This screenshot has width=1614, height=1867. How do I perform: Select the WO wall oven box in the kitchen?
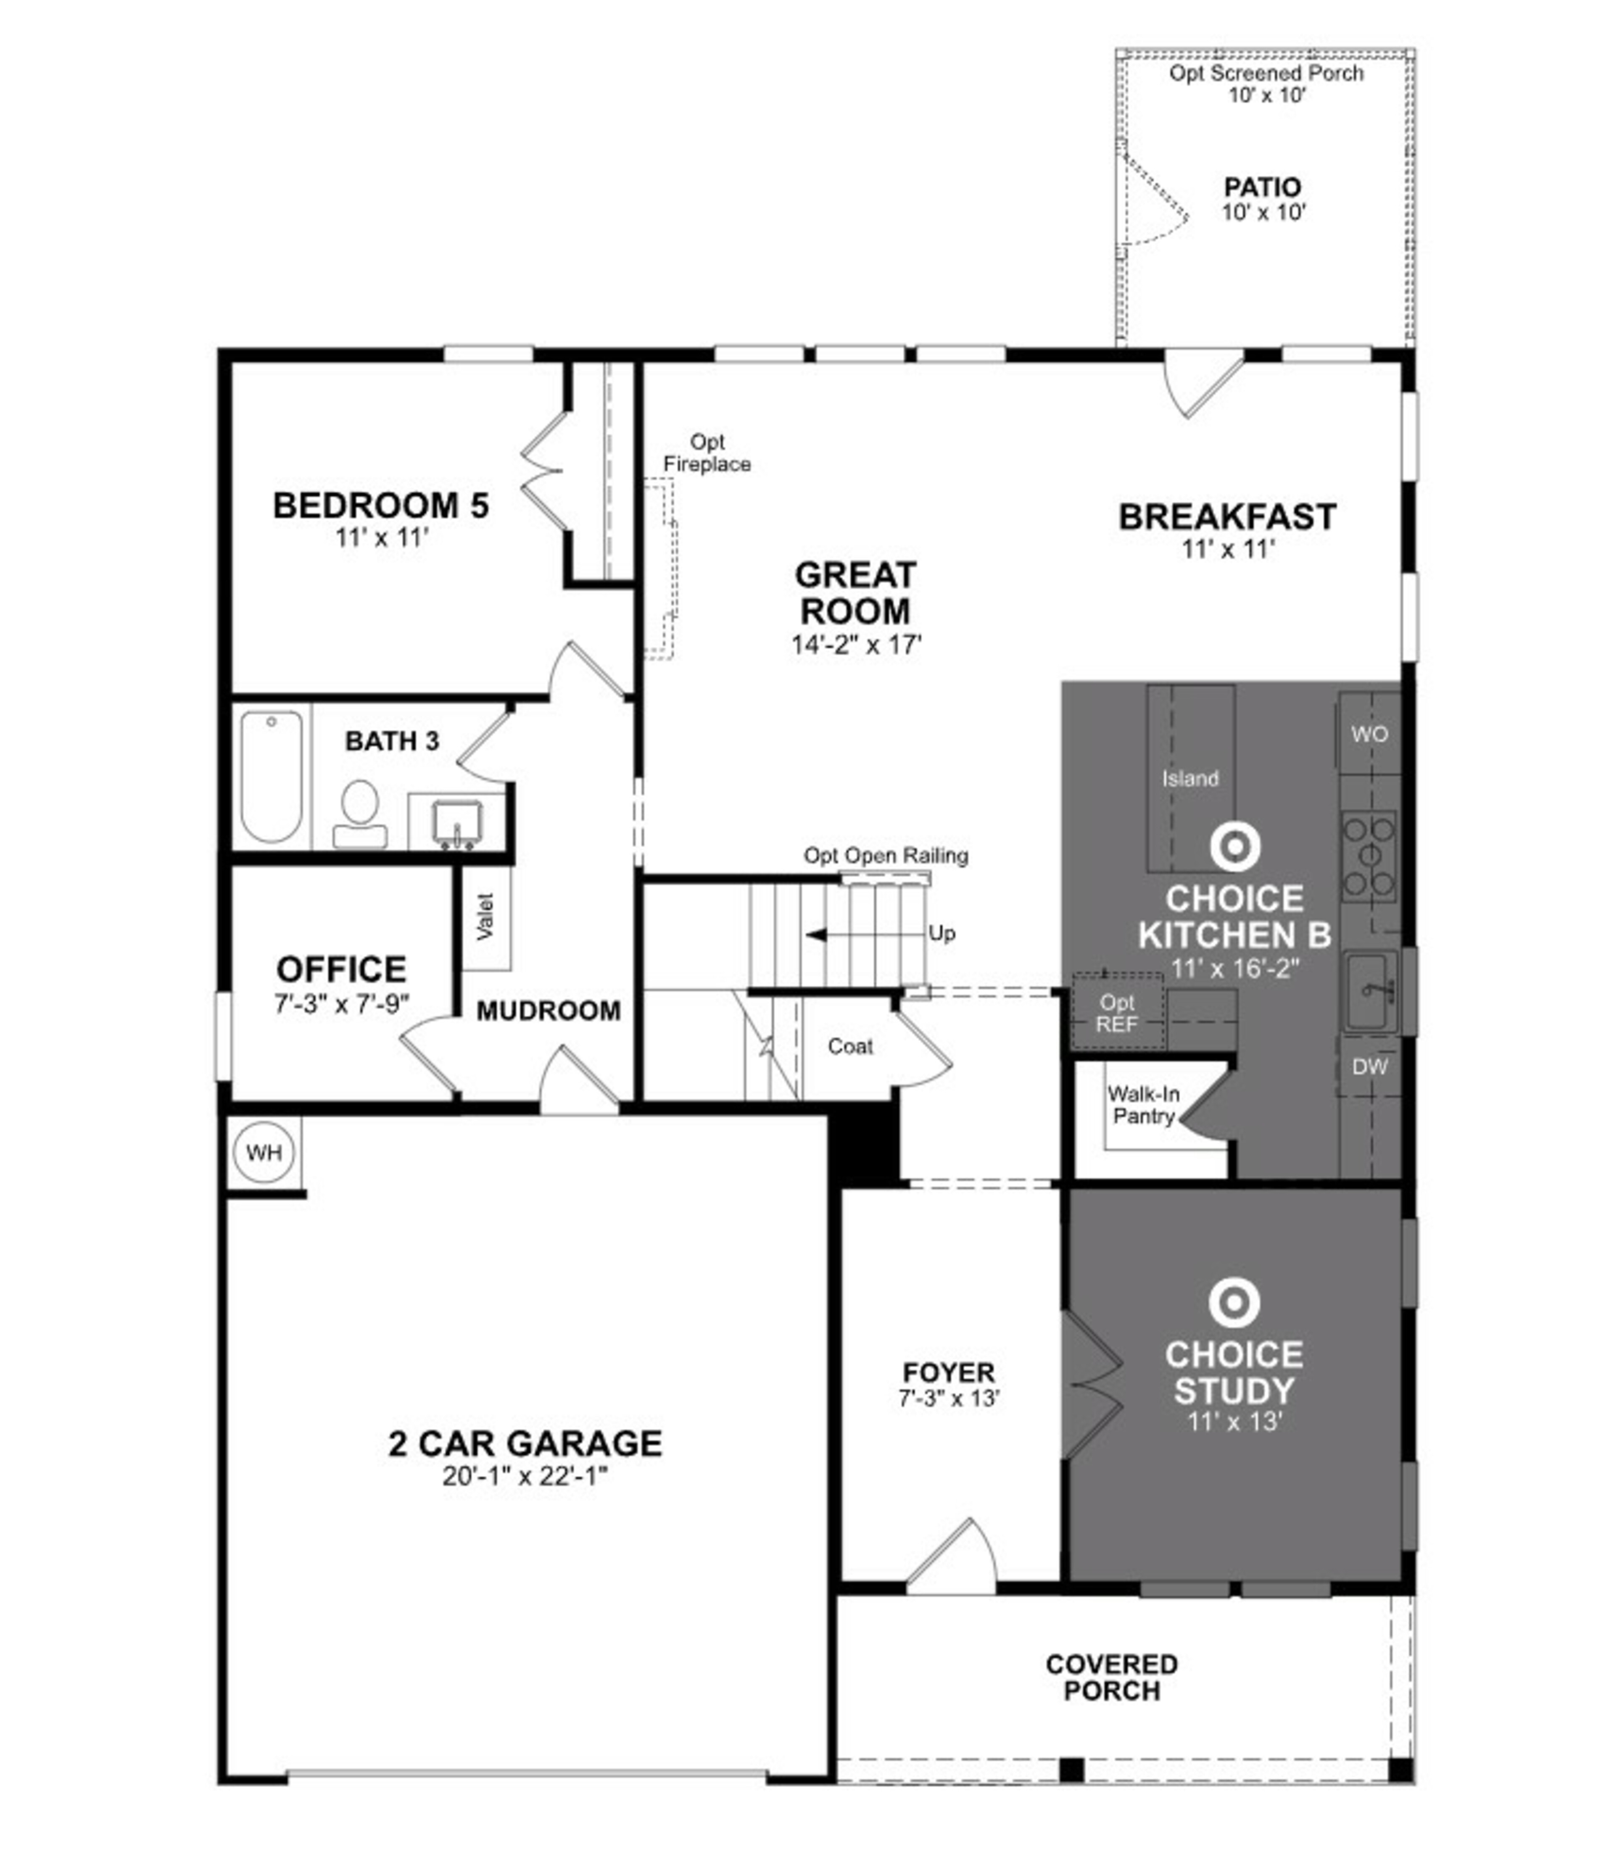coord(1369,735)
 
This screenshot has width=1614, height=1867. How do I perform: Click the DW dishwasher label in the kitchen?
coord(1369,1067)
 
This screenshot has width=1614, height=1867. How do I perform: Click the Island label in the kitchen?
coord(1189,779)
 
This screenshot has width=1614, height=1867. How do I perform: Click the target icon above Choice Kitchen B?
coord(1234,847)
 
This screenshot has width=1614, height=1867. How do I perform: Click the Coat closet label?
coord(850,1046)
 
